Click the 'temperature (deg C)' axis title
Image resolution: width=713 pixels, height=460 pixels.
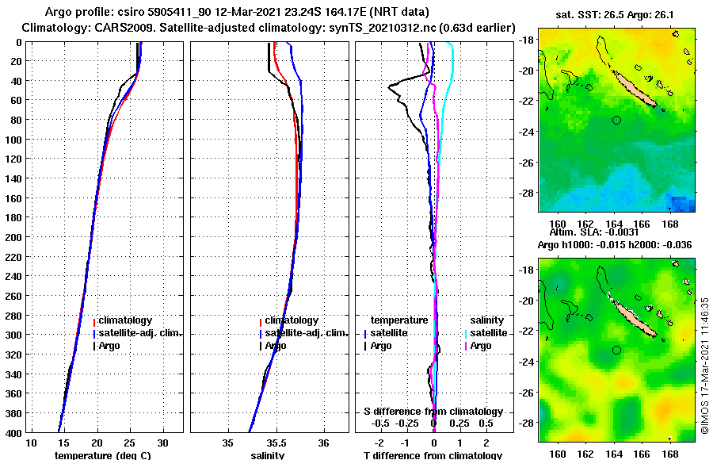pyautogui.click(x=102, y=455)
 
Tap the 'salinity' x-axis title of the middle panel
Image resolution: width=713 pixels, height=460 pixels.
pyautogui.click(x=267, y=455)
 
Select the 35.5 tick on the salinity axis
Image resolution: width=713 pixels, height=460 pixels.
pyautogui.click(x=276, y=442)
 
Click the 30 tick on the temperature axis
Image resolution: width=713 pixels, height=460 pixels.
pyautogui.click(x=163, y=442)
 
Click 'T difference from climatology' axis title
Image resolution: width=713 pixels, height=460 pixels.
pyautogui.click(x=433, y=455)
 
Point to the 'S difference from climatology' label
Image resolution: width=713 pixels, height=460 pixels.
pyautogui.click(x=433, y=412)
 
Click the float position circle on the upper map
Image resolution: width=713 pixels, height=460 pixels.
pyautogui.click(x=616, y=120)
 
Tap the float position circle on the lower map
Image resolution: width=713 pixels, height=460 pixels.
pyautogui.click(x=616, y=350)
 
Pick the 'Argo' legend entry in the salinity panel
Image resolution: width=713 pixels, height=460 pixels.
pyautogui.click(x=275, y=346)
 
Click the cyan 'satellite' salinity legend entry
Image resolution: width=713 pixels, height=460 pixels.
pyautogui.click(x=489, y=333)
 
